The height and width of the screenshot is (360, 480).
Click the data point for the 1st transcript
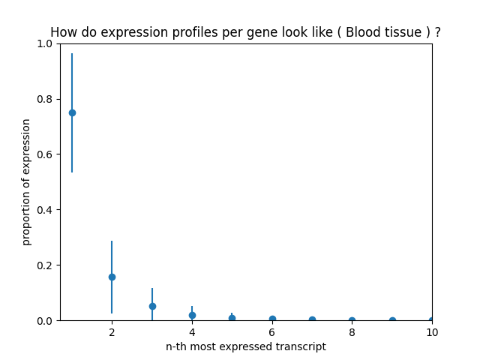[x=72, y=112]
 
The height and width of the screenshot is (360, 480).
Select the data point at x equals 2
[x=112, y=277]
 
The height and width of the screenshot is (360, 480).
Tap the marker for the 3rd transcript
[x=152, y=306]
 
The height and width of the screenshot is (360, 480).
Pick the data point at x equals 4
[x=192, y=315]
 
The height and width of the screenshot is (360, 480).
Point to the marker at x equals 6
[x=272, y=319]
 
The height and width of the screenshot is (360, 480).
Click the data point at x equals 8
[x=352, y=320]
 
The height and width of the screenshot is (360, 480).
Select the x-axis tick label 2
[x=112, y=331]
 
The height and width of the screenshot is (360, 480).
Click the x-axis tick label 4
[x=192, y=331]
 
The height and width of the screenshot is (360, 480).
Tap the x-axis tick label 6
[x=272, y=331]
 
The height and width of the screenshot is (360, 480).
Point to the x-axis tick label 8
[x=352, y=331]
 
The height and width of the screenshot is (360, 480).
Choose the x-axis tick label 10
[x=432, y=331]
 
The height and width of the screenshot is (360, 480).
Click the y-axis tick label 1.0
[x=45, y=43]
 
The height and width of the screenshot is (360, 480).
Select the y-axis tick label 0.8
[x=45, y=99]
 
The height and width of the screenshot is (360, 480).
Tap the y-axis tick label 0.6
[x=45, y=154]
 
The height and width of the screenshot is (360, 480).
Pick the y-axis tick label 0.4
[x=45, y=210]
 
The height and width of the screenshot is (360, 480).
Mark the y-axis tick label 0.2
[x=45, y=265]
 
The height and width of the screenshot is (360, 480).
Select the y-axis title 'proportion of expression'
[x=26, y=181]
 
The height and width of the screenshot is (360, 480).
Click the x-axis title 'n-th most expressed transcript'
[x=246, y=346]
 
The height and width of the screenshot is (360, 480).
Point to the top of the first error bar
[x=72, y=53]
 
